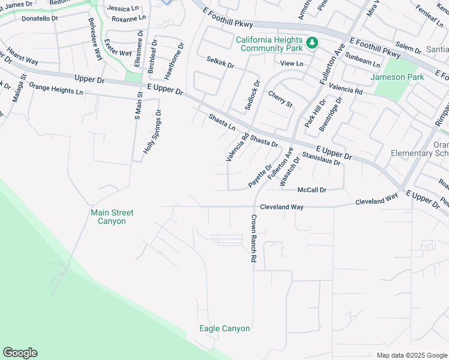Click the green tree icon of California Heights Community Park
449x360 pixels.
(312, 43)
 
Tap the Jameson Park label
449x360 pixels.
(397, 77)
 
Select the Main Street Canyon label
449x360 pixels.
(112, 217)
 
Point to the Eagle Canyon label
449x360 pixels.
(224, 328)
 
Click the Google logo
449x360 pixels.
(20, 353)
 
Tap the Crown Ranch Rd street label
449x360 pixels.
(254, 239)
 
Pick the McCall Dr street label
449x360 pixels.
(312, 190)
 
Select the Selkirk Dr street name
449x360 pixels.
(220, 61)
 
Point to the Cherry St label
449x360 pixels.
(280, 99)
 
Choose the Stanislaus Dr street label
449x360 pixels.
(322, 159)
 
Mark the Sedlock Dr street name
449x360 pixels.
(252, 95)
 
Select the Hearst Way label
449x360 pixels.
(23, 61)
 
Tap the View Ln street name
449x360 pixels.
(292, 63)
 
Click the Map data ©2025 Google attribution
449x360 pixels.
(411, 355)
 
